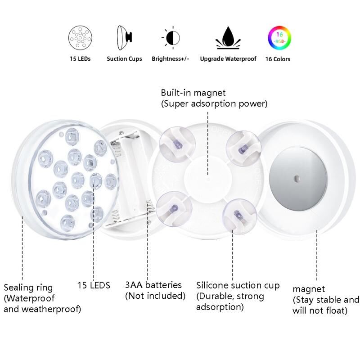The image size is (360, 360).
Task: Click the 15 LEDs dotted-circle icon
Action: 80,38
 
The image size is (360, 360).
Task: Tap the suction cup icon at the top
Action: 125,38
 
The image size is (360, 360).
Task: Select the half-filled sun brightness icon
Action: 171,38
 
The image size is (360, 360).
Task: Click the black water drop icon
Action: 228,38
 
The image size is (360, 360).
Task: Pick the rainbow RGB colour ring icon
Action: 279,38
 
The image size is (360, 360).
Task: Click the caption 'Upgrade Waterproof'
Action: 228,59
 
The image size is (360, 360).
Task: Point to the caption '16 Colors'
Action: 278,59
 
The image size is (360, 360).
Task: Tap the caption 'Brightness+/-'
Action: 171,59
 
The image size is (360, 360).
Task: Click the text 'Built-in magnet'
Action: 193,93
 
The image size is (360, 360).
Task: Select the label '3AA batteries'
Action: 153,285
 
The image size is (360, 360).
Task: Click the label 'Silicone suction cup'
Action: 238,285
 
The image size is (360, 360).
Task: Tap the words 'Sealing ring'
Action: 28,288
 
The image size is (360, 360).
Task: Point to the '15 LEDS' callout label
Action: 94,285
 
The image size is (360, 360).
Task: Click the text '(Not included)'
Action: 155,296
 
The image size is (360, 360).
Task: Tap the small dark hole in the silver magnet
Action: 297,178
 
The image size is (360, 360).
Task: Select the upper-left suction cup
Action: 177,144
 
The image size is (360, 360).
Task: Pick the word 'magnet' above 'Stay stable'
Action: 309,289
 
